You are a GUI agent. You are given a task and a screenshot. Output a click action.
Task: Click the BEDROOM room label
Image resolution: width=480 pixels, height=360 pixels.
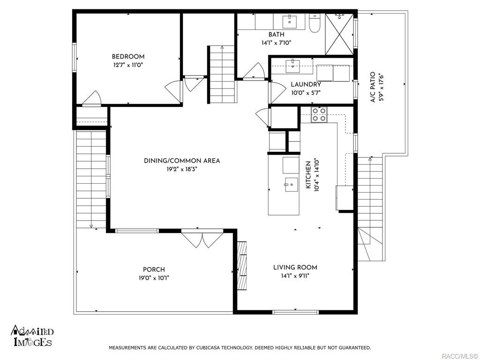point(128,57)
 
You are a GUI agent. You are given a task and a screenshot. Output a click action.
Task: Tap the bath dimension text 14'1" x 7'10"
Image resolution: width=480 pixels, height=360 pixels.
point(276,43)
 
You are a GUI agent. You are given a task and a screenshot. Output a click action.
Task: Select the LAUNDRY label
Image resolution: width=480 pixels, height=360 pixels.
point(306,84)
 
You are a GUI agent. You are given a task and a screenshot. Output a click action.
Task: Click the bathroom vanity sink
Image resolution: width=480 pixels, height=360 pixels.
point(290,21)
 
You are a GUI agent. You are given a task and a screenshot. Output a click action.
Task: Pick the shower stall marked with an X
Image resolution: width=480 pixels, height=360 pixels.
point(339,34)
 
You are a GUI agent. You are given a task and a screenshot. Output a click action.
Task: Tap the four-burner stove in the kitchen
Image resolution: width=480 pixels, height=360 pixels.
point(319,115)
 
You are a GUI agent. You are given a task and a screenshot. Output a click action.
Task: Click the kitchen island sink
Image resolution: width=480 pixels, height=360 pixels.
point(291,185)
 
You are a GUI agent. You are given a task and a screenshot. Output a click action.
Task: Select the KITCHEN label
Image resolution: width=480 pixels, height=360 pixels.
point(308,175)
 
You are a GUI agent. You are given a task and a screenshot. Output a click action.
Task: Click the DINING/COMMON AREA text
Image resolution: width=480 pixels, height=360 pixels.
point(182,161)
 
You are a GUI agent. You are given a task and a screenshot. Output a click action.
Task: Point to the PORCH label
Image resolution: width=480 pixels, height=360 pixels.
point(154,270)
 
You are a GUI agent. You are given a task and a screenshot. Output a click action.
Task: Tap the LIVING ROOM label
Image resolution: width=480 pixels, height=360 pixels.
point(295,268)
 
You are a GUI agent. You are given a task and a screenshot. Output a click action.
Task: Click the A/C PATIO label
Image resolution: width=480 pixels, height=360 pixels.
point(373,87)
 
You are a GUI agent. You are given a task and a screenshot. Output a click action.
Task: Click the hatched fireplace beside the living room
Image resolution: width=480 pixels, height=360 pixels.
point(242,266)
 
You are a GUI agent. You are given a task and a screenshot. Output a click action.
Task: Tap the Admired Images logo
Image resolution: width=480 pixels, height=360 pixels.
point(32,336)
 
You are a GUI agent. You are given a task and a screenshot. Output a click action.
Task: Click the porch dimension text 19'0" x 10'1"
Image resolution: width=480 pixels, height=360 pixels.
point(154,278)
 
